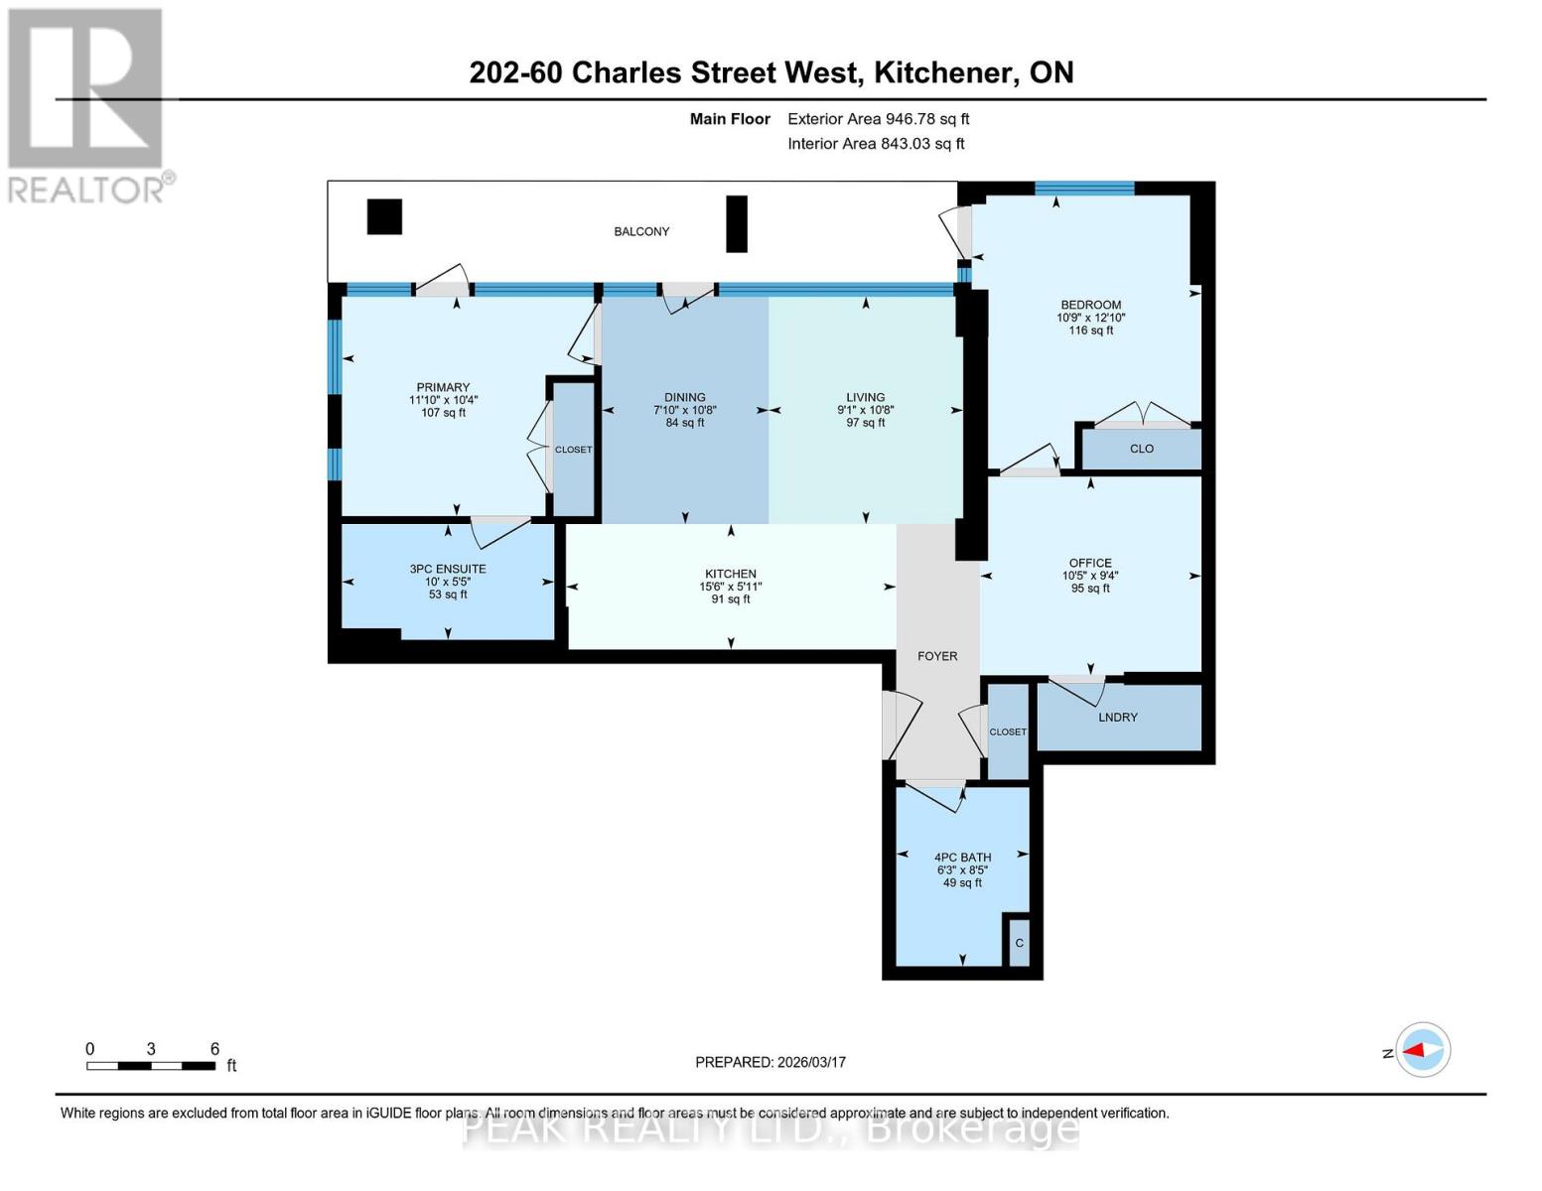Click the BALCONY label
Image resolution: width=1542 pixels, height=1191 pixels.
(641, 231)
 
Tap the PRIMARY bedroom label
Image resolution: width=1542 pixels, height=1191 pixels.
(443, 387)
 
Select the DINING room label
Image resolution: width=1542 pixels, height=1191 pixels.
(685, 397)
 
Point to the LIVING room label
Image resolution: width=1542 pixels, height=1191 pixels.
(866, 397)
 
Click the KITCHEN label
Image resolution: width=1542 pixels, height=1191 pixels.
(731, 574)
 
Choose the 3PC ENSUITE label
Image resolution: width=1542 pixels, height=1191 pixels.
(448, 569)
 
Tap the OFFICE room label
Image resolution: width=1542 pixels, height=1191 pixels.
(1090, 563)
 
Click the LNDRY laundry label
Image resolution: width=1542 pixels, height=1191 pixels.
(1118, 717)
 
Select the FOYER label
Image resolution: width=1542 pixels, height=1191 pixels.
(937, 656)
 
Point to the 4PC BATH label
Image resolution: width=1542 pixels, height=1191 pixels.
(962, 857)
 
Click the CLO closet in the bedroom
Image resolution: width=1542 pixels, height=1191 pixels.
(1142, 449)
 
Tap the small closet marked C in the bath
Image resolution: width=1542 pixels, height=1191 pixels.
(1019, 943)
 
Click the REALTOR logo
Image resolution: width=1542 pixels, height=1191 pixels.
(86, 104)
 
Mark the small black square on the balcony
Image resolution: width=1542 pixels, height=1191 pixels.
(384, 216)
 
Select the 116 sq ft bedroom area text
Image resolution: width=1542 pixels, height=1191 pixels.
(1091, 331)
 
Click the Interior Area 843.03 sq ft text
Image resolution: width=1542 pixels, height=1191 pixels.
(876, 144)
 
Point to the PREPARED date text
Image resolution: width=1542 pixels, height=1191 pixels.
(771, 1062)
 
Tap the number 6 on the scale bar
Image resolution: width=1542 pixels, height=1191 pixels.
(214, 1049)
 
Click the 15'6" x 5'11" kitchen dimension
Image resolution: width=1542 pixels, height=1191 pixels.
(731, 587)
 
